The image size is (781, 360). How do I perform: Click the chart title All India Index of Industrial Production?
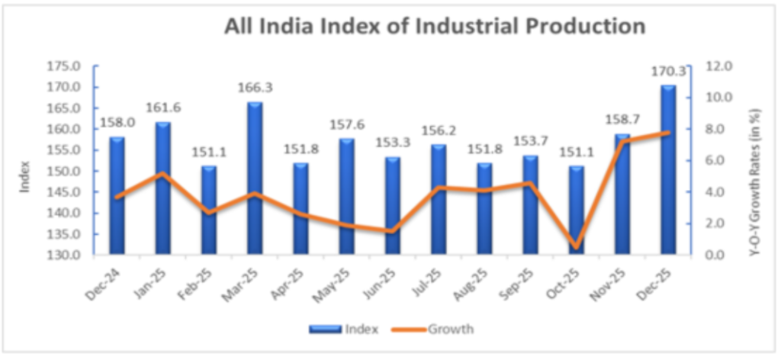(435, 27)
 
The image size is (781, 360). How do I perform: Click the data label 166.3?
(255, 88)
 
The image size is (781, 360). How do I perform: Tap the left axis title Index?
(24, 176)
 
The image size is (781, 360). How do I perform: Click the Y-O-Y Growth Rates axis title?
(754, 181)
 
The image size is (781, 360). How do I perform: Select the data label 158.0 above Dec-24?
(117, 122)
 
